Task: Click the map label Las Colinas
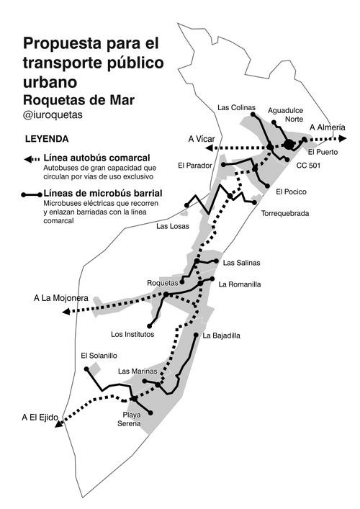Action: point(236,108)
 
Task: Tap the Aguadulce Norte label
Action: point(285,114)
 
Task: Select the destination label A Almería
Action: point(328,127)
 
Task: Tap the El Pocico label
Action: point(291,192)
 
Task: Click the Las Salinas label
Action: point(242,263)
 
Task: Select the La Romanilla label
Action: point(240,284)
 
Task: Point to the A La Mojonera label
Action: point(61,297)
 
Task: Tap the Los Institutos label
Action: point(133,334)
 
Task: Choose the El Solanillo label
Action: point(99,356)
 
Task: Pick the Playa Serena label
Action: point(130,419)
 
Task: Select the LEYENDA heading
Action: point(47,138)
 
